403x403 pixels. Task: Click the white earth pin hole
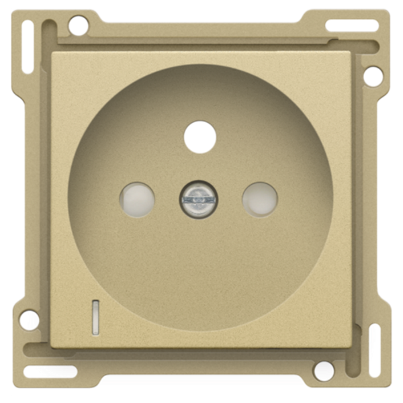(x=199, y=135)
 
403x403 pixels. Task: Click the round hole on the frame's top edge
(x=79, y=26)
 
